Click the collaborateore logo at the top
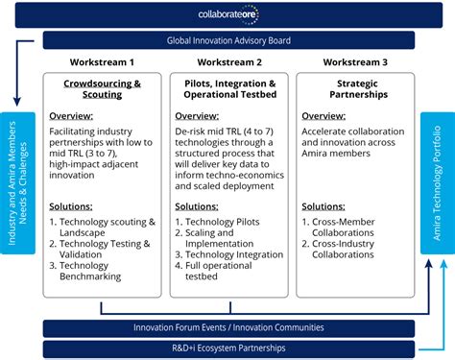coord(228,15)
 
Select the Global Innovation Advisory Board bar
coord(228,40)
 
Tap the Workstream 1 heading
coord(101,61)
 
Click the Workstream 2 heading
coord(227,61)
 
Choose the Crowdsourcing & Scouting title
coord(101,89)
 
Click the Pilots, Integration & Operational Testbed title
coord(227,89)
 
